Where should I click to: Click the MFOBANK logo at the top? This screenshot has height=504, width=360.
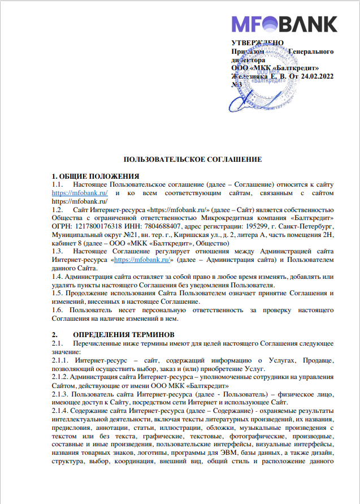tap(284, 24)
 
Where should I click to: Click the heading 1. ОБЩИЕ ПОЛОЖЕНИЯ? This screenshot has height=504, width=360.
tap(96, 176)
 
